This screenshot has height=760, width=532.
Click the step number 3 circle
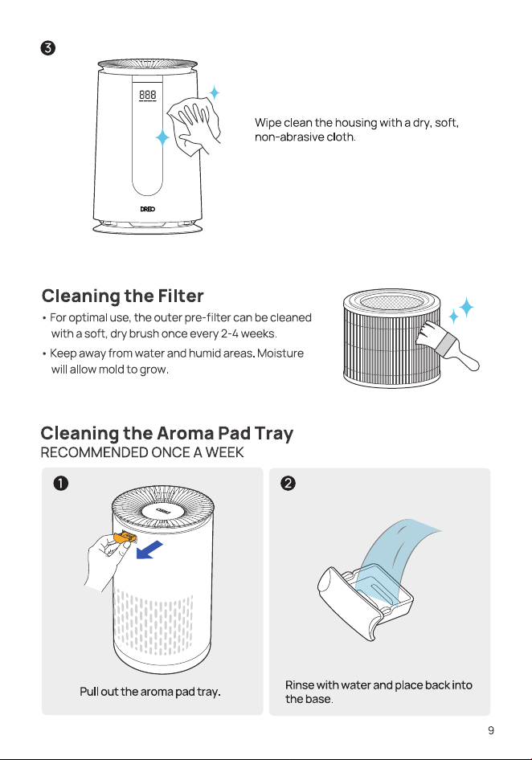pyautogui.click(x=48, y=48)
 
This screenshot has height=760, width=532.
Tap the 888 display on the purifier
pyautogui.click(x=147, y=95)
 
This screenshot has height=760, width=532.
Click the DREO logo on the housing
pyautogui.click(x=147, y=209)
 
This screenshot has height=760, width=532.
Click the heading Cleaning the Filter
pyautogui.click(x=123, y=296)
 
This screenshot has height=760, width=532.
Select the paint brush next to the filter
pyautogui.click(x=448, y=344)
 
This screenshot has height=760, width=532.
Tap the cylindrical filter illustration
pyautogui.click(x=392, y=338)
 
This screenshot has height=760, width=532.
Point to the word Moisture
pyautogui.click(x=280, y=353)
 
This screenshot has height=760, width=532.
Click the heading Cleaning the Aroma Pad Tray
pyautogui.click(x=167, y=433)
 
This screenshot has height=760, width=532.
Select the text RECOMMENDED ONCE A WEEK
pyautogui.click(x=142, y=452)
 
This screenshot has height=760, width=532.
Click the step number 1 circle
pyautogui.click(x=61, y=484)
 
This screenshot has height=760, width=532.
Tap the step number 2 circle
pyautogui.click(x=288, y=484)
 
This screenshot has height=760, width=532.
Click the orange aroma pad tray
pyautogui.click(x=125, y=538)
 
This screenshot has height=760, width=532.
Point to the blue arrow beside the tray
pyautogui.click(x=149, y=550)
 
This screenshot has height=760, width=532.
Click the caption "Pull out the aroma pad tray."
pyautogui.click(x=150, y=692)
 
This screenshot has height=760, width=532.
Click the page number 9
pyautogui.click(x=491, y=730)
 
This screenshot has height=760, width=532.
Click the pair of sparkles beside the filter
pyautogui.click(x=461, y=310)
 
